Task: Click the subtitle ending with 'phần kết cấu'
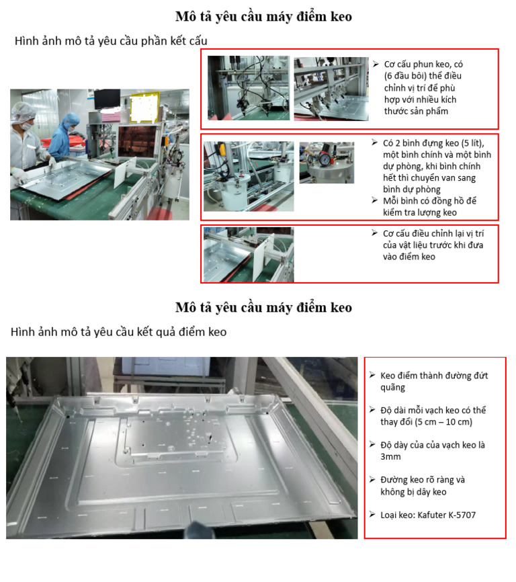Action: click(111, 41)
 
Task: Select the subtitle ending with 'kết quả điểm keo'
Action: click(118, 332)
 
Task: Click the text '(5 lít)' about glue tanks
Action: click(472, 143)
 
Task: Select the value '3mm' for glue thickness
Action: click(390, 457)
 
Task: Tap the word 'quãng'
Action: click(393, 388)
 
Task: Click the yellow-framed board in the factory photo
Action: click(144, 108)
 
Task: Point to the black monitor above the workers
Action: click(107, 99)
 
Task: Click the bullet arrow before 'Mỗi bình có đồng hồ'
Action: click(375, 200)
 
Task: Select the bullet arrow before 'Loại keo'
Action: click(372, 514)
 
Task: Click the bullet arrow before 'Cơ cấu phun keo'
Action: click(376, 64)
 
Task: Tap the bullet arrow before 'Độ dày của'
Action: click(372, 444)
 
